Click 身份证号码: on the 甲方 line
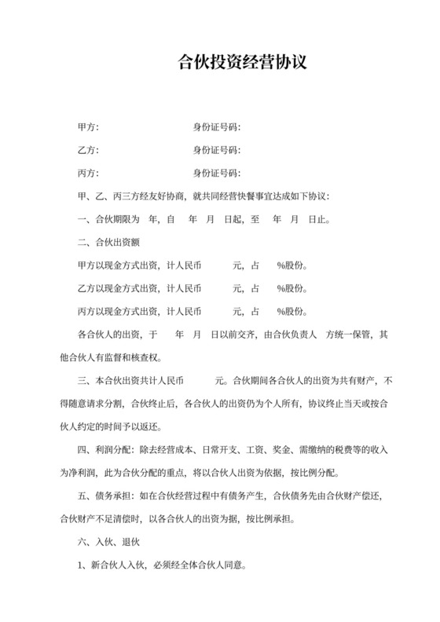[216, 126]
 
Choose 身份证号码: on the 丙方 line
[216, 173]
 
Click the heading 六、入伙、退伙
[107, 541]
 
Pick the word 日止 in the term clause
[317, 219]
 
